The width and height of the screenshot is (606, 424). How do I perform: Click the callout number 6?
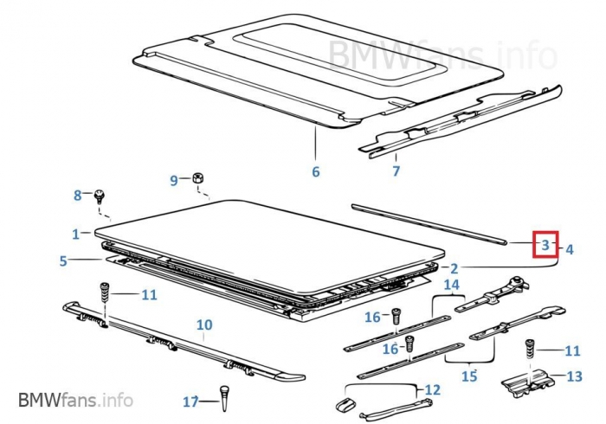pos(316,171)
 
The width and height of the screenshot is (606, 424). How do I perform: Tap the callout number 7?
pos(396,171)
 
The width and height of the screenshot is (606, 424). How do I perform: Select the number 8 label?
pos(77,196)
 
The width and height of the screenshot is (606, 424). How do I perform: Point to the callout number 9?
pos(174,180)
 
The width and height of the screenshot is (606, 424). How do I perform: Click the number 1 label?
pos(76,234)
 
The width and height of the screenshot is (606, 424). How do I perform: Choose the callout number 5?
pos(63,260)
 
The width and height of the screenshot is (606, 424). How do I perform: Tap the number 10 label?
pos(204,325)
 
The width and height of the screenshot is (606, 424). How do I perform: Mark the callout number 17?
pos(191,402)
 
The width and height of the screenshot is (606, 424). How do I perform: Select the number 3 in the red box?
pos(545,246)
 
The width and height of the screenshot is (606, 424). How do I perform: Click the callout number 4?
pos(569,249)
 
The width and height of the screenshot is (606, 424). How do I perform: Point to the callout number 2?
pos(455,268)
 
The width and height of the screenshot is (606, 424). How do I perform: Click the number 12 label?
pos(432,390)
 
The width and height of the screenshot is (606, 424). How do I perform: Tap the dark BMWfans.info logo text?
pos(75,400)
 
